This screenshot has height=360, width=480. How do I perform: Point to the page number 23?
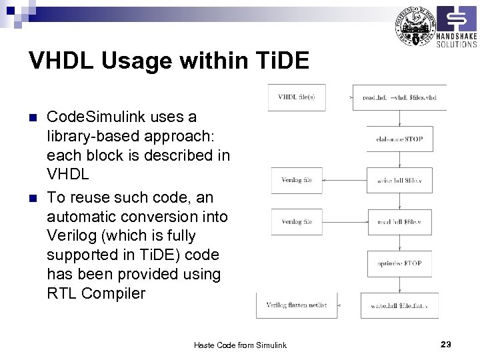tap(446, 344)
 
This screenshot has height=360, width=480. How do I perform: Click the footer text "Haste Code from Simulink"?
tap(239, 345)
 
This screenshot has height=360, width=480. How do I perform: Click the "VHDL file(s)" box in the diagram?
tap(296, 97)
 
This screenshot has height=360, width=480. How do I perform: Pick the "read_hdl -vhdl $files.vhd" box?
tap(399, 97)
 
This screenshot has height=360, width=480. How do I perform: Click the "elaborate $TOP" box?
tap(399, 139)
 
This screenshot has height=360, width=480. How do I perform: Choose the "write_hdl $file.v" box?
tap(399, 180)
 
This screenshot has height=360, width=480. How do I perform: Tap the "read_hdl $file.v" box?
tap(399, 221)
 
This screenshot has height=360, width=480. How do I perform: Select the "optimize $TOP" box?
tap(399, 263)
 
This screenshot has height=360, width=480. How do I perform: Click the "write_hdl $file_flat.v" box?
tap(399, 305)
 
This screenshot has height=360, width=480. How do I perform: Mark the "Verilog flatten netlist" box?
tap(297, 305)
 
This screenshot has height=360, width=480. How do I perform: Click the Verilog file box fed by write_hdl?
tap(296, 180)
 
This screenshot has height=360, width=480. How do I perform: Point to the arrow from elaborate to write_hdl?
tap(399, 159)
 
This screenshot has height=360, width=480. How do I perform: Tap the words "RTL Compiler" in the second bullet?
tap(96, 293)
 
